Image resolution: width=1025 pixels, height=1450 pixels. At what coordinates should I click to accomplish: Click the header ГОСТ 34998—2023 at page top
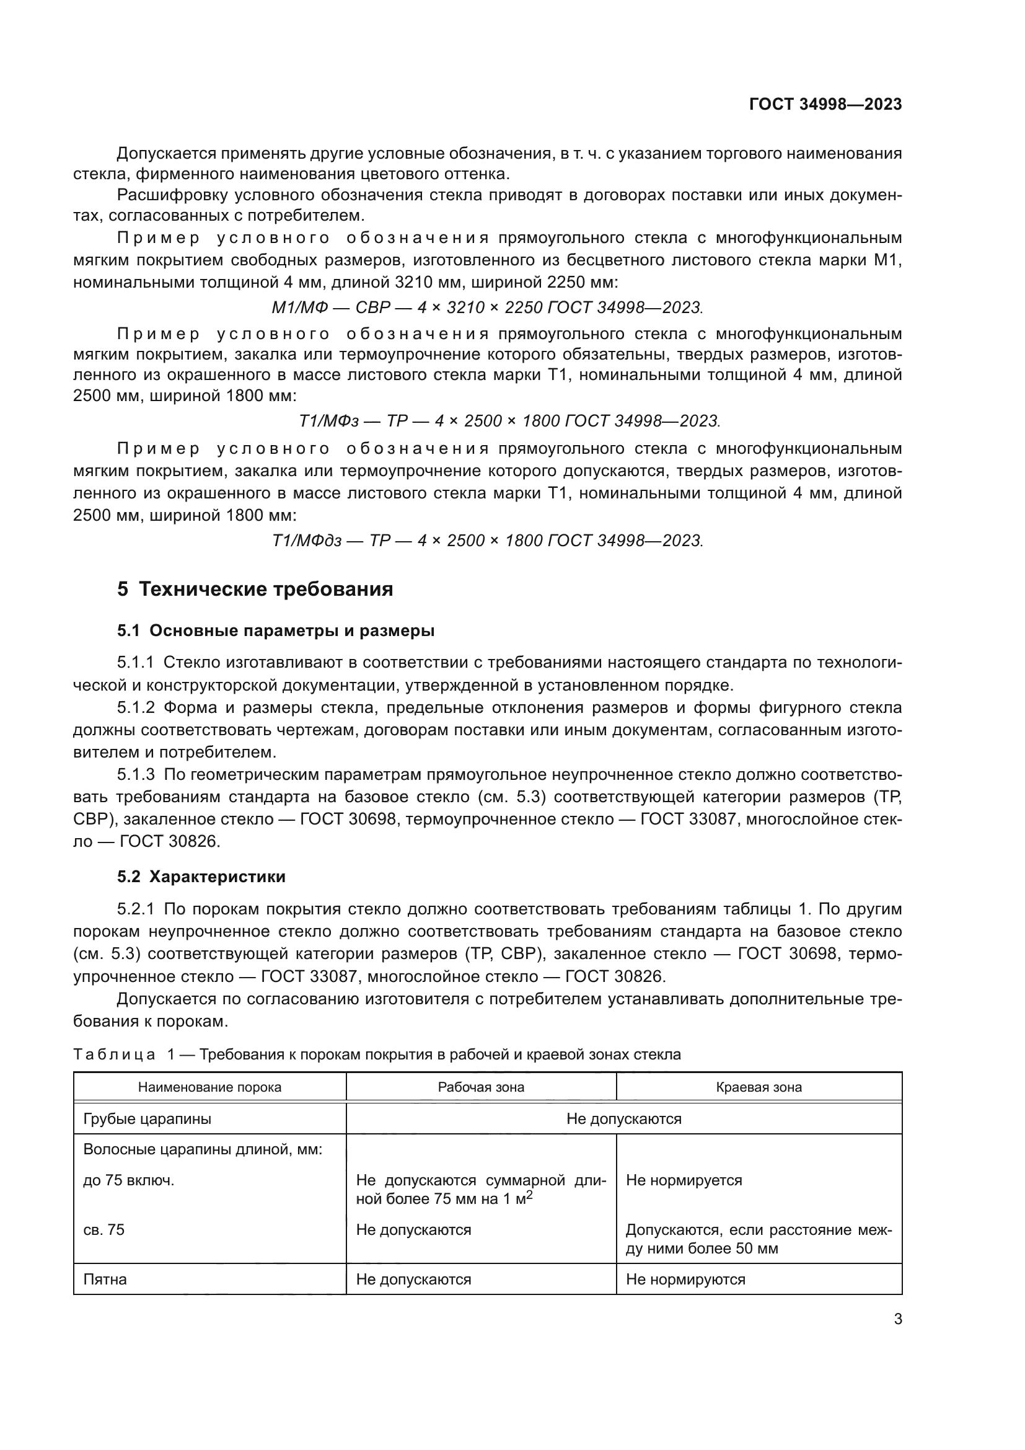click(825, 104)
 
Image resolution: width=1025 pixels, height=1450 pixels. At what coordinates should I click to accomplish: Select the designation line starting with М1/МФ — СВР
click(486, 307)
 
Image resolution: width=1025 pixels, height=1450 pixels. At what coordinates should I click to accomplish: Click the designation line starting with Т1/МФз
click(509, 420)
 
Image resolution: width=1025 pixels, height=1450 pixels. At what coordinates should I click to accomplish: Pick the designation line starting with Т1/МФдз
click(486, 541)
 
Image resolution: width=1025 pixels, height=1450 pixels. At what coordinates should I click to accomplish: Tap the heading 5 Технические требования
click(255, 589)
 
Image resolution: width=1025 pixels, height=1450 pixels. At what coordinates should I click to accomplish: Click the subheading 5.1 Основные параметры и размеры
click(276, 631)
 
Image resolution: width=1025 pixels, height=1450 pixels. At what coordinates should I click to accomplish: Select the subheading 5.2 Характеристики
click(201, 877)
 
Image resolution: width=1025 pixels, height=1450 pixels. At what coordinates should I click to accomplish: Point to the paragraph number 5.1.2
click(136, 707)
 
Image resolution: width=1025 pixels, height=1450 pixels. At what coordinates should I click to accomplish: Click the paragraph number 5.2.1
click(136, 909)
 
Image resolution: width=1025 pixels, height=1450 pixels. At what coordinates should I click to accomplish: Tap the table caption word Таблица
click(114, 1054)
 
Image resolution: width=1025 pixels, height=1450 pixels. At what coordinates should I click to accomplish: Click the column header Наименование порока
click(209, 1087)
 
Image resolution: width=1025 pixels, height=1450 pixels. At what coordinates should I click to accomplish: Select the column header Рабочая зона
click(481, 1087)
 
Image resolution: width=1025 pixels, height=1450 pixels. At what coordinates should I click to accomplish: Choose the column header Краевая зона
click(759, 1087)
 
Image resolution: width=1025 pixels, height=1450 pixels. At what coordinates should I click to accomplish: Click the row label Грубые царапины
click(147, 1119)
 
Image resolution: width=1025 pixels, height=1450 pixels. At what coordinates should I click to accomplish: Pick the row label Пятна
click(105, 1280)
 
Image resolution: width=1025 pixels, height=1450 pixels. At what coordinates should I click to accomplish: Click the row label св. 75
click(103, 1229)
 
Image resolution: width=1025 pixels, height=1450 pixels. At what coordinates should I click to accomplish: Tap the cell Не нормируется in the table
click(684, 1180)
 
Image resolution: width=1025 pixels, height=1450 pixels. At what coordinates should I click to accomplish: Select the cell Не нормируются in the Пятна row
click(685, 1280)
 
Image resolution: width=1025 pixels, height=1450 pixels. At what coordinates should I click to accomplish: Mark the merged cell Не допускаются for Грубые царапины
click(623, 1119)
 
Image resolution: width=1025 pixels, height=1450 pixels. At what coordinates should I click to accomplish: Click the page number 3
click(897, 1319)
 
